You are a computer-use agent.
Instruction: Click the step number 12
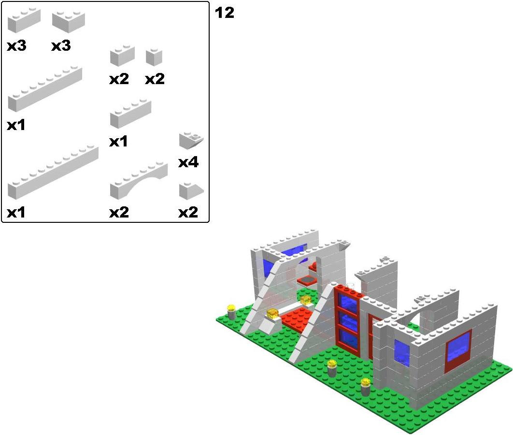click(225, 13)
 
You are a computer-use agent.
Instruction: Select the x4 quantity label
click(188, 162)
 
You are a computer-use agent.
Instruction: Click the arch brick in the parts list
click(139, 180)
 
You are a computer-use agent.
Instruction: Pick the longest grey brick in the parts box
click(53, 173)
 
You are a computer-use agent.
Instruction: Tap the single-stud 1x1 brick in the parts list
click(154, 58)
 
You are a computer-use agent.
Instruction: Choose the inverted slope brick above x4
click(191, 141)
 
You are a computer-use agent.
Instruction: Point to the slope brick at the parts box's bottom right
click(191, 191)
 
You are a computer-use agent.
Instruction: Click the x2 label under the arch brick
click(119, 213)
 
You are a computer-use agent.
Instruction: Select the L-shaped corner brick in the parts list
click(69, 22)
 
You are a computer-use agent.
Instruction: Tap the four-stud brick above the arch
click(130, 114)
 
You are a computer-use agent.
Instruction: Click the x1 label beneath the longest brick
click(16, 213)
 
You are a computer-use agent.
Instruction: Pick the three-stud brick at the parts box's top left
click(24, 21)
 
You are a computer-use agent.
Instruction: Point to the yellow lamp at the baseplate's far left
click(231, 312)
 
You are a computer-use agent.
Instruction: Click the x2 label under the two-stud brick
click(119, 79)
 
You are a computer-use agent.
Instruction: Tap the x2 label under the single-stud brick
click(155, 79)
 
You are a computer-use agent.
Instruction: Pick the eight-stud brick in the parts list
click(45, 89)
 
